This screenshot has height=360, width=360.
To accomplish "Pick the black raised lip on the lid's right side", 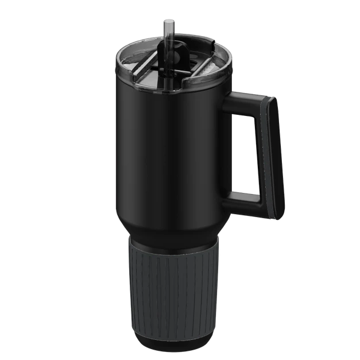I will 220,63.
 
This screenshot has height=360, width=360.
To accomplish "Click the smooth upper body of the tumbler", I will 167,149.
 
